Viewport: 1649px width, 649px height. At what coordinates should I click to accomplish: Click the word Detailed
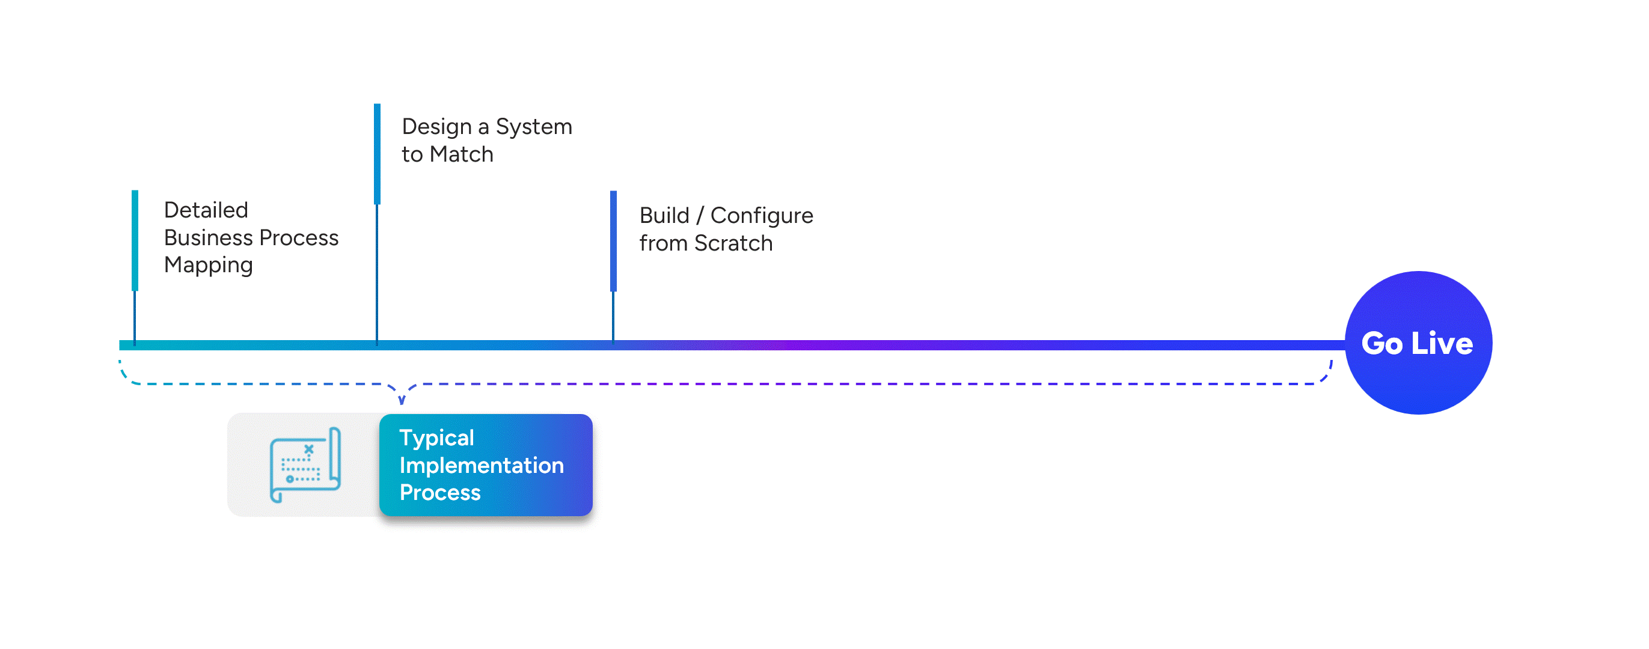tap(206, 210)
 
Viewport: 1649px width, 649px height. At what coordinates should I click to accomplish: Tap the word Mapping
tap(208, 265)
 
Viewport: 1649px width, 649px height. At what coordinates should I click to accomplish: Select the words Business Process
tap(251, 237)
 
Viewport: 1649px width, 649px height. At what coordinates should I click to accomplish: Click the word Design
tap(436, 127)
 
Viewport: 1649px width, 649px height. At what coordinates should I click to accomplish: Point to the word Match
tap(461, 154)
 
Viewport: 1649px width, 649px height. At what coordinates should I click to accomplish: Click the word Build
tap(664, 216)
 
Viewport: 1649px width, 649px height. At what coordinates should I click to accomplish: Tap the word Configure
tap(761, 216)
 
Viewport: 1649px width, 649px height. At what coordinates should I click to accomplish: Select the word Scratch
tap(733, 243)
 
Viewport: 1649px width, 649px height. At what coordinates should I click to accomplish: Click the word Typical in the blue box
tap(436, 438)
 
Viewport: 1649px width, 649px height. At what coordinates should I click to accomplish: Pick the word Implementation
tap(482, 465)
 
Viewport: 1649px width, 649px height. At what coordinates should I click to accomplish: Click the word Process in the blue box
tap(440, 492)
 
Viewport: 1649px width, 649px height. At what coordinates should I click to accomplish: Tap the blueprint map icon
tap(305, 465)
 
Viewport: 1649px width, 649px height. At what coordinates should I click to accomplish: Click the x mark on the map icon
tap(308, 449)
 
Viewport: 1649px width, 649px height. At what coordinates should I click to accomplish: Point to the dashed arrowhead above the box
tap(402, 400)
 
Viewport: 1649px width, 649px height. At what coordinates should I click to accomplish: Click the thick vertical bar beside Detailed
tap(135, 240)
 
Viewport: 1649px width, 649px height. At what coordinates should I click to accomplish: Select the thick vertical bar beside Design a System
tap(377, 154)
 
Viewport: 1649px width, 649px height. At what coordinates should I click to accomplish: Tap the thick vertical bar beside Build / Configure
tap(613, 240)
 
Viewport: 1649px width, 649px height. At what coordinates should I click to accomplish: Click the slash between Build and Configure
tap(700, 216)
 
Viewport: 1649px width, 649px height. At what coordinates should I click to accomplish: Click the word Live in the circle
tap(1442, 344)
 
